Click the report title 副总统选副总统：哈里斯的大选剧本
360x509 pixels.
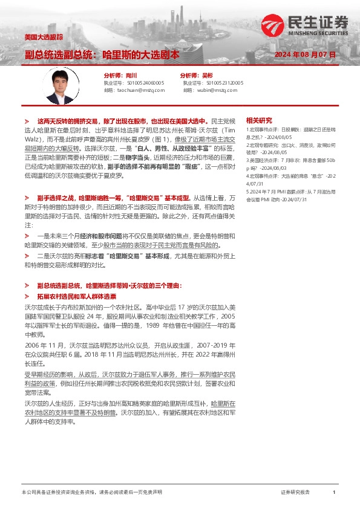tap(102, 54)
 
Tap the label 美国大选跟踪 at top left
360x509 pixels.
tap(44, 37)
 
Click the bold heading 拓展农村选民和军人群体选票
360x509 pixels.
tap(77, 297)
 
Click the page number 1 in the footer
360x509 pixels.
tap(334, 493)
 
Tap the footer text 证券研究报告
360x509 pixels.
tap(295, 493)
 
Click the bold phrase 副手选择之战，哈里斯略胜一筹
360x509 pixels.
tap(74, 197)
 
